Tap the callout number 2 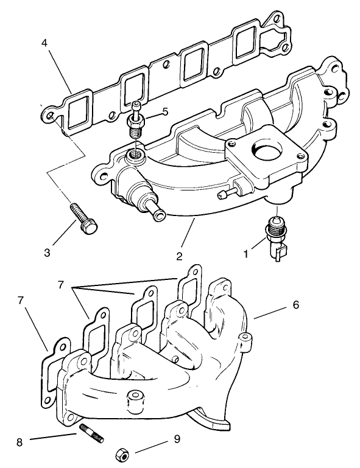pyautogui.click(x=180, y=256)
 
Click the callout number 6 pyautogui.click(x=295, y=305)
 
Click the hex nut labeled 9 pyautogui.click(x=121, y=453)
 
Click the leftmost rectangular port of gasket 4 pyautogui.click(x=78, y=114)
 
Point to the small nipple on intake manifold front pyautogui.click(x=224, y=194)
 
